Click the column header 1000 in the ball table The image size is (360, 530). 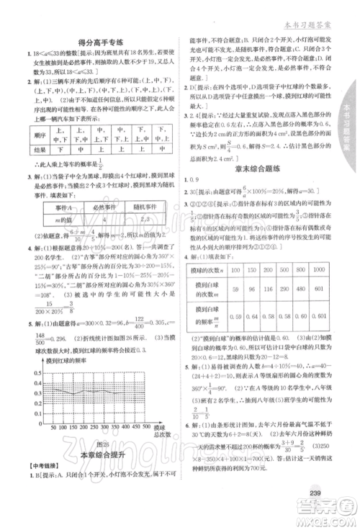(325, 269)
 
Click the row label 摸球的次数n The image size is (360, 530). (210, 269)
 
